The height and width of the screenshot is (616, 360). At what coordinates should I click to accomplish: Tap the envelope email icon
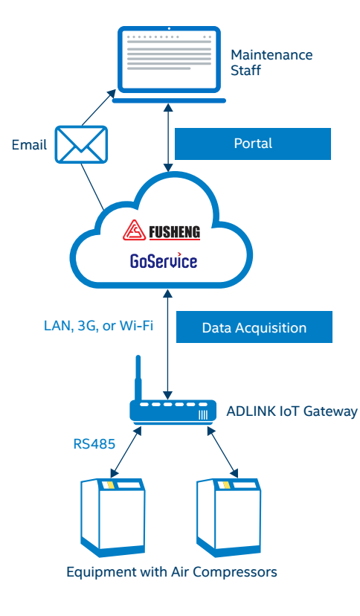pyautogui.click(x=81, y=144)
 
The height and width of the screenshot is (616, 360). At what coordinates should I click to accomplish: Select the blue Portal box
pyautogui.click(x=252, y=144)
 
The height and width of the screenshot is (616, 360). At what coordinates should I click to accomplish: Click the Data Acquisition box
pyautogui.click(x=254, y=327)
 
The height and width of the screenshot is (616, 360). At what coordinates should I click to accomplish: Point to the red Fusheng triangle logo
pyautogui.click(x=134, y=231)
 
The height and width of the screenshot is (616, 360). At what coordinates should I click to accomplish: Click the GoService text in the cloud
pyautogui.click(x=164, y=261)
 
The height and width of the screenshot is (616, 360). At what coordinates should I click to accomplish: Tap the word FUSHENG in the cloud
pyautogui.click(x=174, y=232)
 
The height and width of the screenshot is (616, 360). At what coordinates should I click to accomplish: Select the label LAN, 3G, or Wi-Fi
pyautogui.click(x=98, y=326)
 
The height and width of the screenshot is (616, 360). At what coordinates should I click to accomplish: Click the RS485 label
pyautogui.click(x=94, y=444)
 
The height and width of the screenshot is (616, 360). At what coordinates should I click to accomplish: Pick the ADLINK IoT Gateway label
pyautogui.click(x=292, y=411)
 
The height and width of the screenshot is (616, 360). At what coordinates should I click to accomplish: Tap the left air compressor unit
pyautogui.click(x=113, y=517)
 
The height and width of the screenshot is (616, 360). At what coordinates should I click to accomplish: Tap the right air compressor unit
pyautogui.click(x=229, y=517)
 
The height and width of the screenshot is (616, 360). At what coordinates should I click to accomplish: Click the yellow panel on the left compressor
pyautogui.click(x=111, y=485)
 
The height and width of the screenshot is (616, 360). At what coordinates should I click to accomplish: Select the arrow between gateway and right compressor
pyautogui.click(x=222, y=452)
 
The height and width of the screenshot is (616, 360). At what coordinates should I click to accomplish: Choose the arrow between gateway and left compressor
pyautogui.click(x=126, y=452)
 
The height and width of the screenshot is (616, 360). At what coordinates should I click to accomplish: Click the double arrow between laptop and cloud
pyautogui.click(x=168, y=138)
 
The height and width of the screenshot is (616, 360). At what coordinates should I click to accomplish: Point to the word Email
pyautogui.click(x=30, y=144)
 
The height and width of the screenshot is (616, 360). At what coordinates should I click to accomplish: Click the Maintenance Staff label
pyautogui.click(x=271, y=62)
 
